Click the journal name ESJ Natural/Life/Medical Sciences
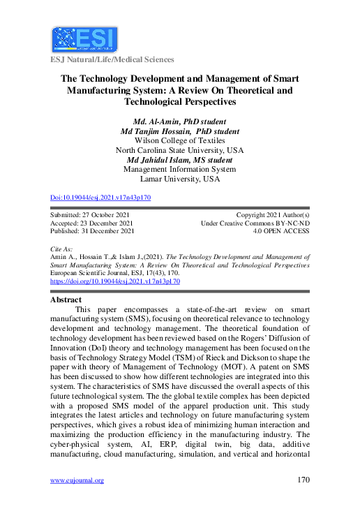coord(112,60)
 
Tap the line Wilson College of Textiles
coord(179,140)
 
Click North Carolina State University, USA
coord(179,150)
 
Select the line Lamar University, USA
coord(179,179)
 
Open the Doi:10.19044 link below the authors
coord(100,198)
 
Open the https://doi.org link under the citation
coord(115,281)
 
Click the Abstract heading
coord(67,300)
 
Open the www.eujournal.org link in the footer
coord(77,480)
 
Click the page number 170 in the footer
coord(302,480)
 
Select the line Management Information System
coord(179,169)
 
